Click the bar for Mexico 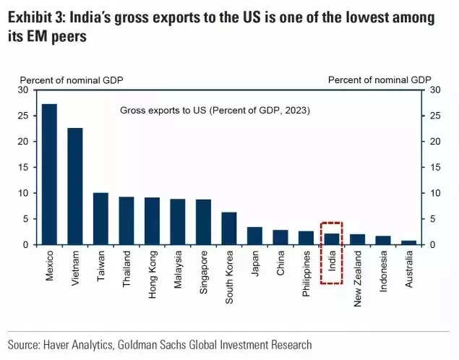tap(49, 173)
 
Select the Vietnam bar tap(75, 186)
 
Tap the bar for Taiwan tap(100, 218)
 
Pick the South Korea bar tap(228, 228)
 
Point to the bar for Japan tap(254, 236)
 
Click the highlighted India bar tap(331, 239)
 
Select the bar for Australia tap(408, 242)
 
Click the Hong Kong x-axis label tap(153, 268)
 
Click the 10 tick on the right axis tap(435, 193)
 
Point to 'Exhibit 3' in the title tap(35, 17)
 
